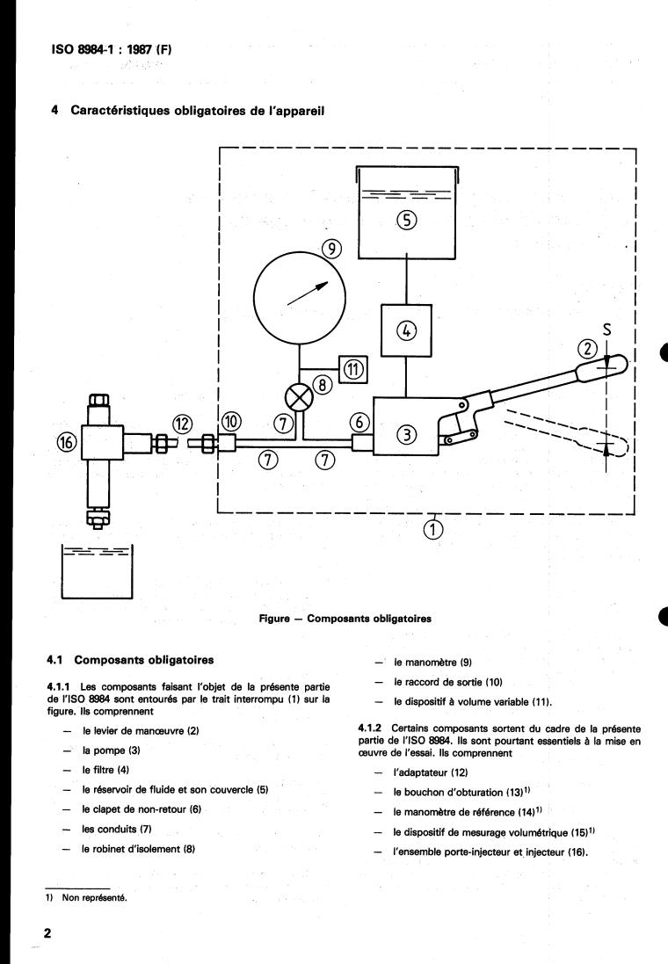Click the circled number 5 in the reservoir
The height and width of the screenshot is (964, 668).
coord(407,220)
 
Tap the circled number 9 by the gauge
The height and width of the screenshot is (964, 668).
coord(331,249)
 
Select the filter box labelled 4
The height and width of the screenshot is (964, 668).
coord(406,330)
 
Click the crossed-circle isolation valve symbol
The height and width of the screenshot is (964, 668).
coord(300,397)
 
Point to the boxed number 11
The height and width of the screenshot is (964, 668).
coord(353,369)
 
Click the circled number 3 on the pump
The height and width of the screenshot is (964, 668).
coord(407,435)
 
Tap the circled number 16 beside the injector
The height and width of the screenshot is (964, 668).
coord(67,441)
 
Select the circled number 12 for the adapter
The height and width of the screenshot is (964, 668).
coord(183,424)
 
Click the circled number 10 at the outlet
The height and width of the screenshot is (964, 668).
coord(231,422)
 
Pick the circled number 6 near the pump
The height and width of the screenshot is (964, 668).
coord(359,423)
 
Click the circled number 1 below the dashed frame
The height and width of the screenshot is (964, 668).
coord(433,529)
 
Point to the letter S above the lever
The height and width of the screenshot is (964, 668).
coord(607,330)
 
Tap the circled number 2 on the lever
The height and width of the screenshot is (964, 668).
coord(588,349)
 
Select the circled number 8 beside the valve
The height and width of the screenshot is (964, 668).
coord(323,386)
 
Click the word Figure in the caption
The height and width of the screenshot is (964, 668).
coord(273,619)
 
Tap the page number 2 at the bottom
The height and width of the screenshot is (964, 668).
coord(47,932)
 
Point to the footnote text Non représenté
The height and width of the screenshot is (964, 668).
coord(95,897)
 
